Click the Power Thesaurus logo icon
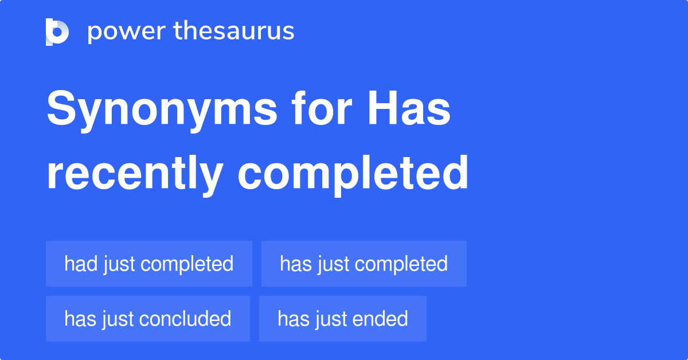(57, 32)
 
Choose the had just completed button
(149, 264)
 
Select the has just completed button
(364, 264)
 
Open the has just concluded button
(148, 319)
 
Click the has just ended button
(343, 319)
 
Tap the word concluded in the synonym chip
(185, 319)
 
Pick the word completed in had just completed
(186, 264)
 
